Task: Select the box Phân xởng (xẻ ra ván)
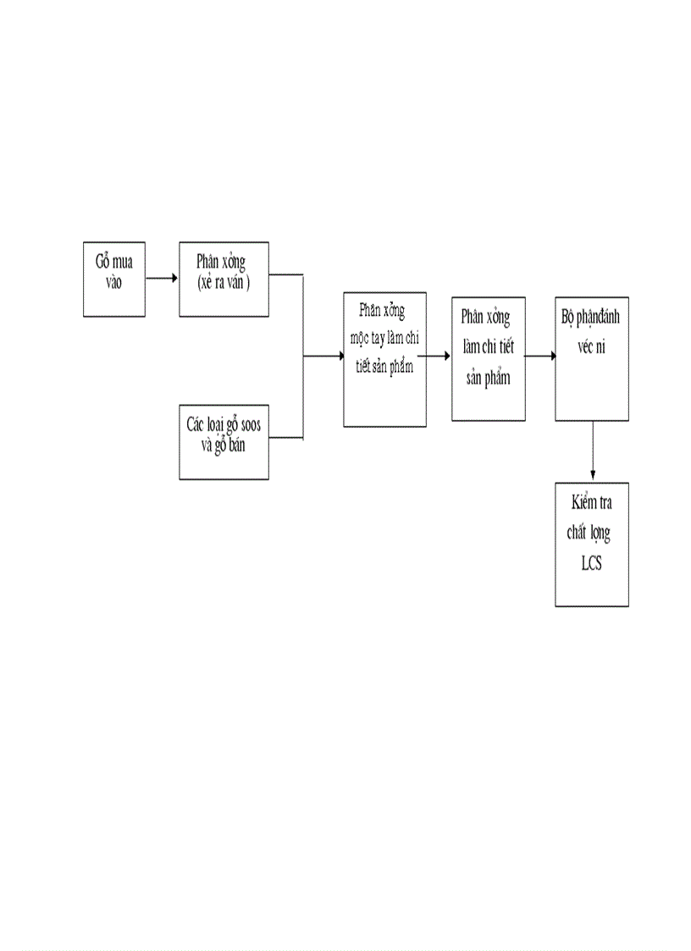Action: click(x=224, y=279)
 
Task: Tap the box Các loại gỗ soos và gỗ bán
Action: click(x=224, y=443)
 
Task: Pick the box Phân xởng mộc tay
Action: click(x=384, y=361)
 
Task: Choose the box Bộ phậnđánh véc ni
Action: click(x=591, y=359)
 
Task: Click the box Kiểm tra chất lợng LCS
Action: click(x=591, y=545)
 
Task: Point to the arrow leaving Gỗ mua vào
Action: click(x=162, y=278)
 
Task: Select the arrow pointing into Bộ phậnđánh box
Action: click(x=540, y=357)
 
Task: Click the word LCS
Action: click(x=591, y=564)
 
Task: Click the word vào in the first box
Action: click(x=114, y=283)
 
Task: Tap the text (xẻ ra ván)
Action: click(x=224, y=283)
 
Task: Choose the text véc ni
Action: click(x=592, y=348)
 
